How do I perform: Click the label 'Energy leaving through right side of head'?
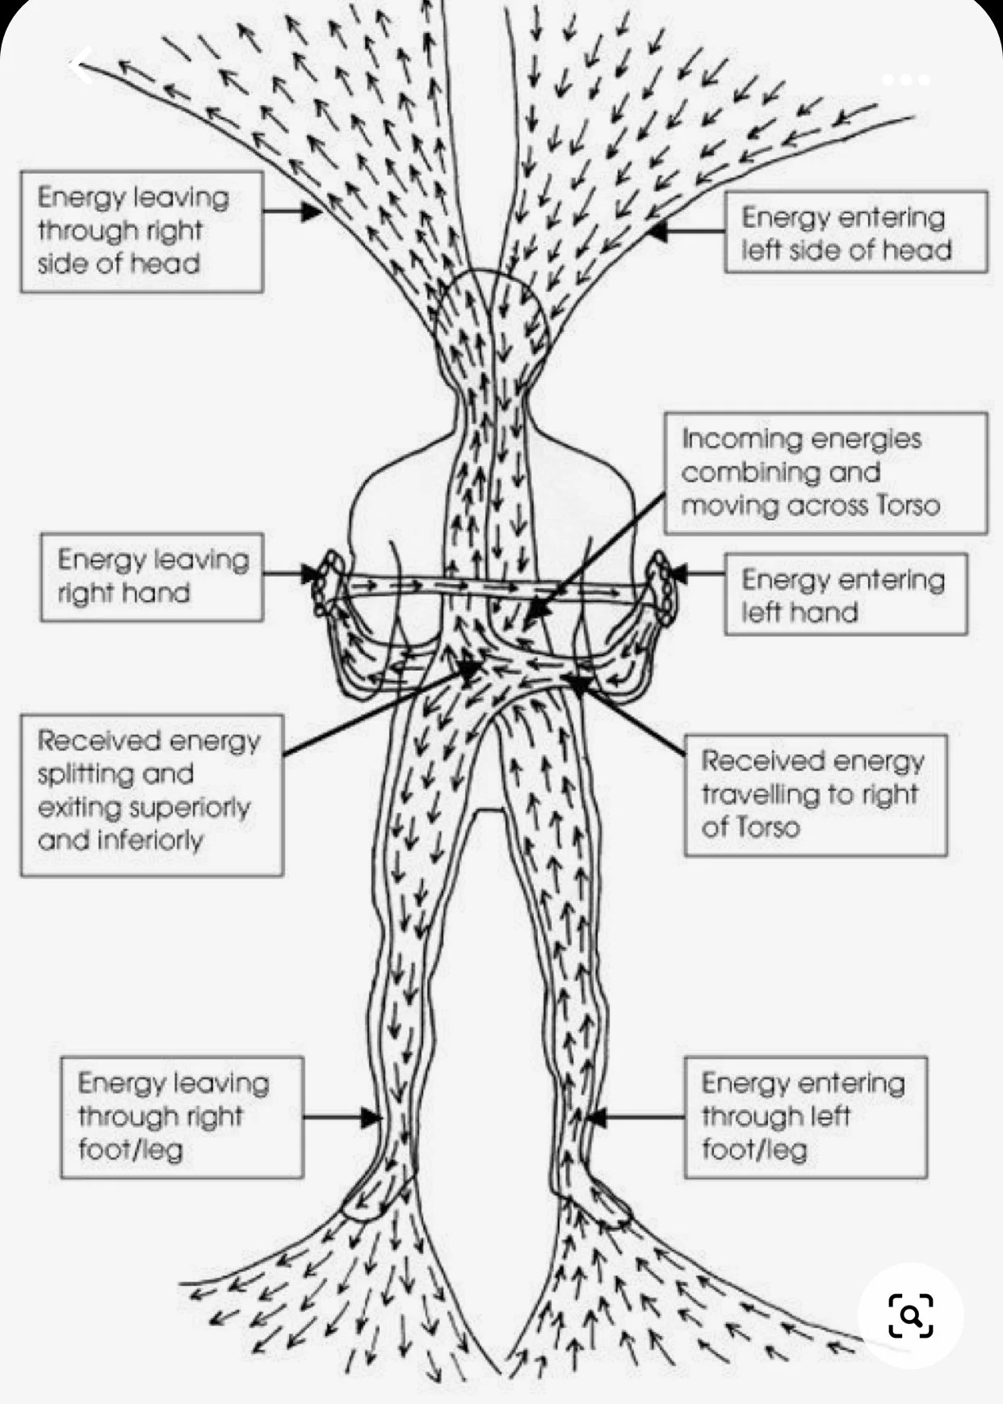pos(141,231)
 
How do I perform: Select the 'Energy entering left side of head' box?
pos(854,232)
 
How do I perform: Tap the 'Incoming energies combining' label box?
pos(825,473)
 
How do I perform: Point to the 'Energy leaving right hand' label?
pos(152,577)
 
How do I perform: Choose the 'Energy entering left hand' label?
pos(845,595)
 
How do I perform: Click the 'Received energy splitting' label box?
pos(151,794)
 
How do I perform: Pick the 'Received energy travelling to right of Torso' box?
pos(815,794)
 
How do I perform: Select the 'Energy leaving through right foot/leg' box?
pos(182,1117)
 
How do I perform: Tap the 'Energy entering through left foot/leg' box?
pos(805,1117)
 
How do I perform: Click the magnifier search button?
pos(910,1316)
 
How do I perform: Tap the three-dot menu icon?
pos(905,80)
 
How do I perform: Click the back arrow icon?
pos(82,66)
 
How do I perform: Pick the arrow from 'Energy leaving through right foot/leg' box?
pos(342,1118)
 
